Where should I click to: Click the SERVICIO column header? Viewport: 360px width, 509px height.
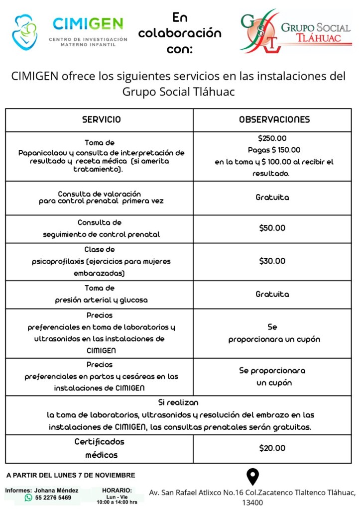click(101, 119)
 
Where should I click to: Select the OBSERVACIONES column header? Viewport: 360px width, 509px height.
click(274, 119)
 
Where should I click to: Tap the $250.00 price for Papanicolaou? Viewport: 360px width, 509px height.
click(272, 138)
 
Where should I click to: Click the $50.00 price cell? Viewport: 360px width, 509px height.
click(272, 228)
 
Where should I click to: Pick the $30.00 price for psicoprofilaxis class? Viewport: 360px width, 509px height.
click(272, 261)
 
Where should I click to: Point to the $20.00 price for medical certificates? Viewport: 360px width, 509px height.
click(272, 448)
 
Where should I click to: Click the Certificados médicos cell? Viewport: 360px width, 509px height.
click(99, 448)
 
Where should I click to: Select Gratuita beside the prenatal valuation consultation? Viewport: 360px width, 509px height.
click(272, 198)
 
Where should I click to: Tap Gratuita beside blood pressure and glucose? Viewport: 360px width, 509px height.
click(272, 295)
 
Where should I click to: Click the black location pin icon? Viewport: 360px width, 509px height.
click(253, 477)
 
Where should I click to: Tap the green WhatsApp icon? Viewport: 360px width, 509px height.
click(28, 497)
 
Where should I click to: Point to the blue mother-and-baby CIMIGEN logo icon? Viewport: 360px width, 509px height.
click(24, 32)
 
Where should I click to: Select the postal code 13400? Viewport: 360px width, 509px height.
click(253, 503)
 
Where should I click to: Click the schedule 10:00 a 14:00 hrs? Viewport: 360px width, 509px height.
click(117, 502)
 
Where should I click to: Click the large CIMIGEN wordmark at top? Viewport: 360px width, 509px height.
click(88, 23)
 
